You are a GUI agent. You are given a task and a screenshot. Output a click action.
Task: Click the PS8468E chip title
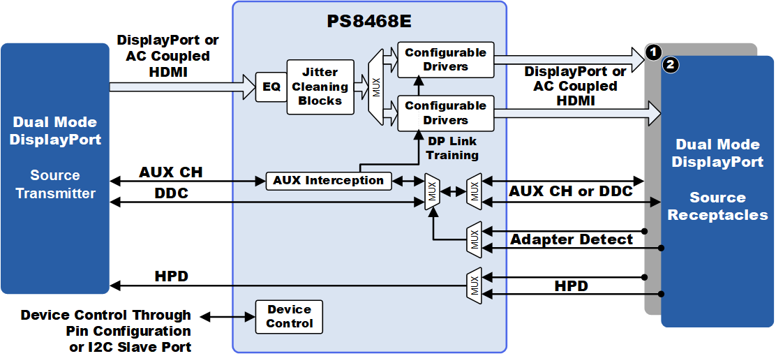pyautogui.click(x=369, y=21)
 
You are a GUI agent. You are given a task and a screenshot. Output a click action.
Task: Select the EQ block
pyautogui.click(x=271, y=87)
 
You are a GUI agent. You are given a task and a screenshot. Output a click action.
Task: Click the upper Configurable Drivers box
pyautogui.click(x=445, y=59)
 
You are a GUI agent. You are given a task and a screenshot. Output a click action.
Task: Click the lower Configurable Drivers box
pyautogui.click(x=445, y=113)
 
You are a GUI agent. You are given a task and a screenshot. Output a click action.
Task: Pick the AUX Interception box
pyautogui.click(x=328, y=180)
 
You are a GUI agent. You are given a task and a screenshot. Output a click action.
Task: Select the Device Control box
pyautogui.click(x=289, y=316)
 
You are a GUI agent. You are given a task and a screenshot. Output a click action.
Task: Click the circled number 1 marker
pyautogui.click(x=653, y=52)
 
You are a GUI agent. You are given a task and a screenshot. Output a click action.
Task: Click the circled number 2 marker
pyautogui.click(x=671, y=66)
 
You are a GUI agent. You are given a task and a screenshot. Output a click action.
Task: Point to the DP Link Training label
pyautogui.click(x=453, y=148)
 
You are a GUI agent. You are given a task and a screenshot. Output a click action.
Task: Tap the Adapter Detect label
pyautogui.click(x=572, y=239)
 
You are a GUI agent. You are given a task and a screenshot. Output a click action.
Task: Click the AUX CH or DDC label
pyautogui.click(x=570, y=191)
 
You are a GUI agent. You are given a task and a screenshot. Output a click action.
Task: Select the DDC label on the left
pyautogui.click(x=172, y=193)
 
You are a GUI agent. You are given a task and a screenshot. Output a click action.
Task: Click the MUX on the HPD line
pyautogui.click(x=475, y=286)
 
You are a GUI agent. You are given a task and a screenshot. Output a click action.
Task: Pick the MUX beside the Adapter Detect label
pyautogui.click(x=475, y=239)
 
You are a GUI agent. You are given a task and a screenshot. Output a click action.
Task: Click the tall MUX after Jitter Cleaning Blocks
pyautogui.click(x=376, y=87)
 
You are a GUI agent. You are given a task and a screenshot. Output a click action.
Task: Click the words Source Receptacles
pyautogui.click(x=717, y=206)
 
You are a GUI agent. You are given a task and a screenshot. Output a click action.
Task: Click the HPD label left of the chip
pyautogui.click(x=172, y=276)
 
